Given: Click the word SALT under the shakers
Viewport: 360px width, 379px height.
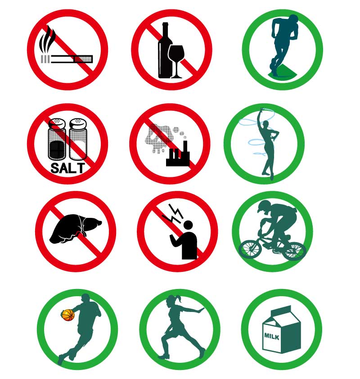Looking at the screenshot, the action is coord(68,167).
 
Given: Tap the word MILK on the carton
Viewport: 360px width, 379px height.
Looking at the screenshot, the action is coord(272,336).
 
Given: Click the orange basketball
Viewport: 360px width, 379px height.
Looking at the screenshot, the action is coord(68,315).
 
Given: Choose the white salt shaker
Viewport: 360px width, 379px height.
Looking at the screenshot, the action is coord(78,139).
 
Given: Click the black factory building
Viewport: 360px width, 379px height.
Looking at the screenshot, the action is coord(178,155).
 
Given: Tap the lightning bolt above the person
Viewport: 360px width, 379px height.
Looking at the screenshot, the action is coord(173,214).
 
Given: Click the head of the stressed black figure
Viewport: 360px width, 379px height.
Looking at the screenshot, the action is coord(188,225).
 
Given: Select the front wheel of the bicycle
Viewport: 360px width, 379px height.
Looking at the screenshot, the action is coord(250,249).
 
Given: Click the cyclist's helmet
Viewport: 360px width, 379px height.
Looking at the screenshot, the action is coord(263,205).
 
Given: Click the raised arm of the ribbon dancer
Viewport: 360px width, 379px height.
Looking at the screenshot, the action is coord(261,119).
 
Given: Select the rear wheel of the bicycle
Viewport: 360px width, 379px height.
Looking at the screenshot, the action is coord(294,251).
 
